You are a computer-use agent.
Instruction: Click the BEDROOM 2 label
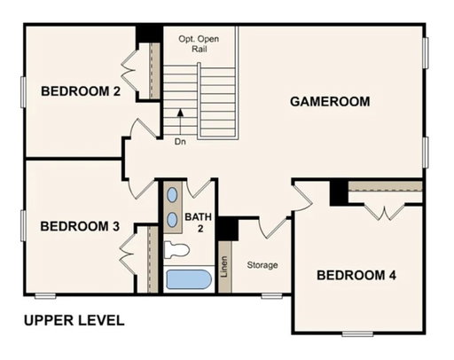tap(81, 91)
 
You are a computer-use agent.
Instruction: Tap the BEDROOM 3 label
tap(80, 226)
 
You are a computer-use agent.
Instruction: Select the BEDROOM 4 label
tap(356, 275)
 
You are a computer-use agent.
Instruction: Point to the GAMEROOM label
tap(330, 101)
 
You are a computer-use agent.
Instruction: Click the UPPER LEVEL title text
tap(74, 321)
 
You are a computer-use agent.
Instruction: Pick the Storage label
tap(262, 265)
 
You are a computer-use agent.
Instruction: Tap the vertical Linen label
tap(224, 266)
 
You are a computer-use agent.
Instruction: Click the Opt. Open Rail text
tap(199, 43)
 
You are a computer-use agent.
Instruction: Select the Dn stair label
tap(180, 142)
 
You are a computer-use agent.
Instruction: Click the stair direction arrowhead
tap(180, 113)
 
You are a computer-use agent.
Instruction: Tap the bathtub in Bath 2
tap(189, 279)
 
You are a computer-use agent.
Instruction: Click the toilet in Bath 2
tap(176, 250)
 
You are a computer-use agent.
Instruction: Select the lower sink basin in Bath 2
tap(172, 220)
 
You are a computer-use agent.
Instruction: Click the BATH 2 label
tap(199, 223)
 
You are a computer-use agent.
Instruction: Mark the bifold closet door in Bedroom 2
tap(129, 71)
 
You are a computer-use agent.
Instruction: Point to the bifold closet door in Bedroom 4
tap(384, 212)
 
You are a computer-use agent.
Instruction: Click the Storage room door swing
tap(272, 228)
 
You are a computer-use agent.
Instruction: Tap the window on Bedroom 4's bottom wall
tap(357, 334)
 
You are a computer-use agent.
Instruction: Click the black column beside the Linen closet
tap(228, 229)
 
